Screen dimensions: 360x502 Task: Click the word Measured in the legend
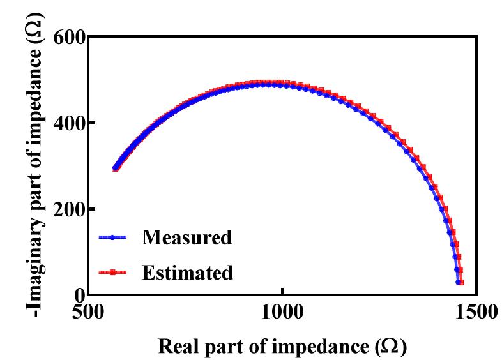tap(186, 237)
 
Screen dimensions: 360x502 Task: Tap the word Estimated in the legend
tap(187, 273)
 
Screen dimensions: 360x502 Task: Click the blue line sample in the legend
tap(113, 237)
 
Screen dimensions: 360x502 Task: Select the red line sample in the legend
tap(113, 273)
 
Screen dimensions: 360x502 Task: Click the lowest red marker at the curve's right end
tap(461, 282)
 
